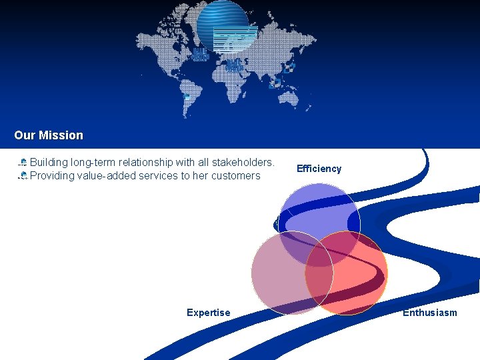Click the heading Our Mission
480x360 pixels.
coord(49,135)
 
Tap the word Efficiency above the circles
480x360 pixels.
coord(319,169)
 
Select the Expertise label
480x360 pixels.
coord(208,313)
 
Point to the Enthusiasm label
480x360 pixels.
coord(429,313)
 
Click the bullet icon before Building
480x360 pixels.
coord(23,163)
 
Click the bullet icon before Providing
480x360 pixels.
coord(23,176)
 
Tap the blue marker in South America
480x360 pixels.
coord(187,97)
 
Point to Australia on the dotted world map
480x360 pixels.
coord(293,100)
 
